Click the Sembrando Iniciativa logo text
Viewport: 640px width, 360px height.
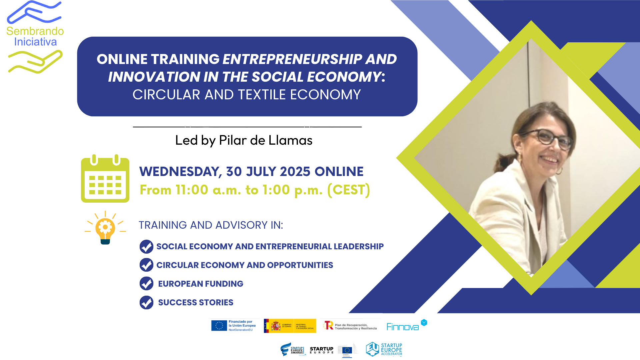point(35,36)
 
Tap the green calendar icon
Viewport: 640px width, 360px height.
point(105,179)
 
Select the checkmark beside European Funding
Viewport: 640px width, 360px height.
point(146,284)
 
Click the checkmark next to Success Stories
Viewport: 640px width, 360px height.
point(146,302)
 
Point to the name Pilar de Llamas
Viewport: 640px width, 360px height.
point(265,140)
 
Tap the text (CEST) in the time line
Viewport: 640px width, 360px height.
point(348,190)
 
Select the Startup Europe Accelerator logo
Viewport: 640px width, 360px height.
point(384,349)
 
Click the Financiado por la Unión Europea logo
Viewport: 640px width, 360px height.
point(234,325)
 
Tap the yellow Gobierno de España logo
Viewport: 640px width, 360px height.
point(290,326)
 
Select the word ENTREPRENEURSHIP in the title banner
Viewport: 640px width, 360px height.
point(291,59)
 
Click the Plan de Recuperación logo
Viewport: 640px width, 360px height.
point(350,326)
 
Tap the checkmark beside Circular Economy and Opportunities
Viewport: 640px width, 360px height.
point(146,265)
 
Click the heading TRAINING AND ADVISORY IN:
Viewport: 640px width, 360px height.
point(211,225)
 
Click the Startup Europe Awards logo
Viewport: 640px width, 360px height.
point(292,349)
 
